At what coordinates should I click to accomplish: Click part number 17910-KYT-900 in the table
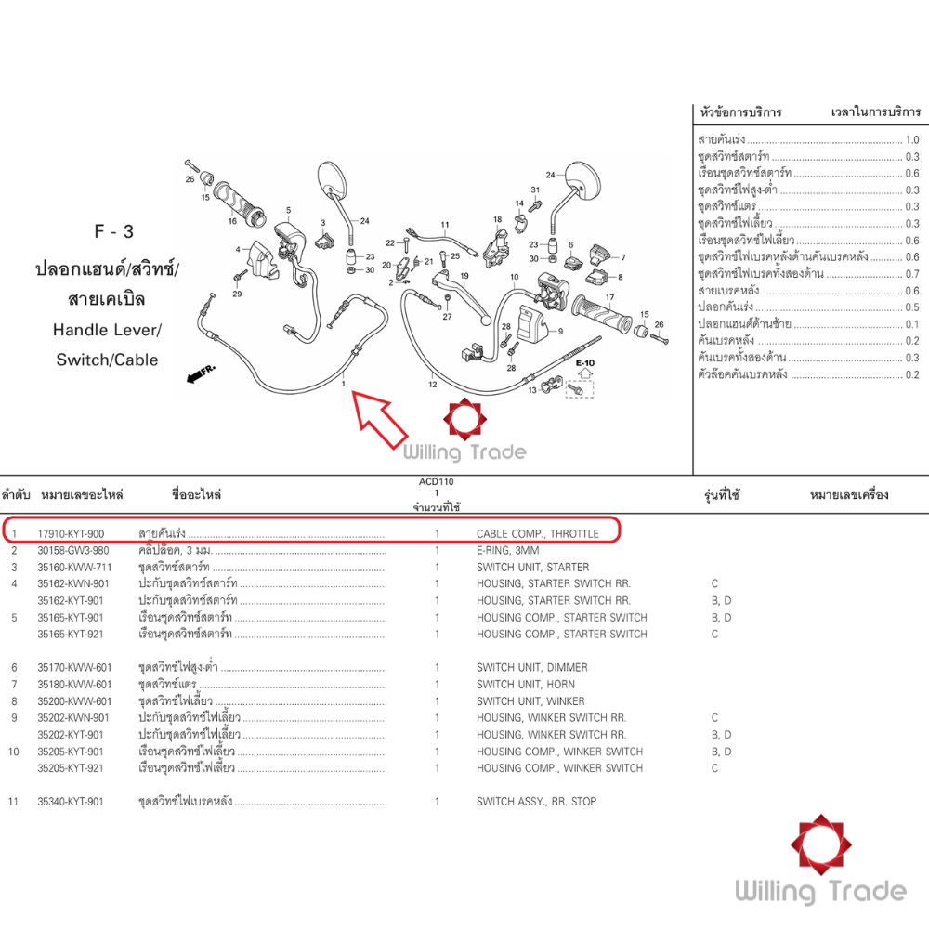[x=71, y=534]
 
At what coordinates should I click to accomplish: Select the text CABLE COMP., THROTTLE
[x=537, y=534]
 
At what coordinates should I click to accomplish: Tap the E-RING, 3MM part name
[x=508, y=551]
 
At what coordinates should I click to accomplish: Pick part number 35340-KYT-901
[x=71, y=802]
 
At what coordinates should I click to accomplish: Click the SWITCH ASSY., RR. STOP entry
[x=536, y=802]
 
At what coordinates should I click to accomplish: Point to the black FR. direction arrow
[x=201, y=373]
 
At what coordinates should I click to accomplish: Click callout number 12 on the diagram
[x=432, y=383]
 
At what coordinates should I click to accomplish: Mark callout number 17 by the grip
[x=610, y=297]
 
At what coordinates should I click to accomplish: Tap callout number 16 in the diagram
[x=232, y=221]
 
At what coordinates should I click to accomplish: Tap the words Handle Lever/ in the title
[x=107, y=330]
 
